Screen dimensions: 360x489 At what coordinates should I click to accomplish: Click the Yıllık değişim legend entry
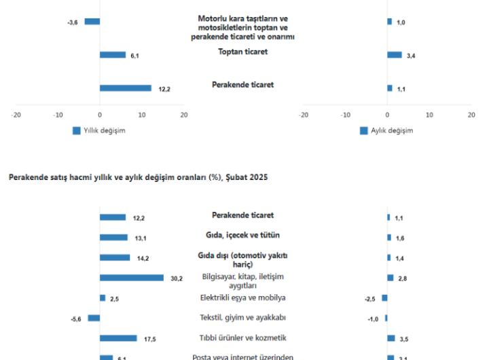coord(98,130)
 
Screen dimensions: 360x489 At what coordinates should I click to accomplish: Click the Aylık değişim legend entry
coord(386,130)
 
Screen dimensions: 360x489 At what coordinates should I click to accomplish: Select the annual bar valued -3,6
coord(92,22)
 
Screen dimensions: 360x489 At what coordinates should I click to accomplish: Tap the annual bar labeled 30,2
coord(132,278)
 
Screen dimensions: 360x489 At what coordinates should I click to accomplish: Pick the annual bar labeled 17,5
coord(118,338)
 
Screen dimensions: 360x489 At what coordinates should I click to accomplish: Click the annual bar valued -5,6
coord(94,318)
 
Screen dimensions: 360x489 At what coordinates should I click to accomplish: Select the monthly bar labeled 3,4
coord(395,55)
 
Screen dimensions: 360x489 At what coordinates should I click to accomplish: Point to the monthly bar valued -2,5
coord(384,298)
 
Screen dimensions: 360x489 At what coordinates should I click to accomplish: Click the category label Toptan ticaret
coord(242,52)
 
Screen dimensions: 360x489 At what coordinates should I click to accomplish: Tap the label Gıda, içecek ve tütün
coord(242,235)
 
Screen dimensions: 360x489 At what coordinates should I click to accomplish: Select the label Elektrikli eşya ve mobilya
coord(242,298)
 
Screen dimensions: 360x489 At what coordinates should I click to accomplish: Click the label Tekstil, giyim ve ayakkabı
coord(242,318)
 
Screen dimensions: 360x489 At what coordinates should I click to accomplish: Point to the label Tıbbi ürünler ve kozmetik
coord(242,338)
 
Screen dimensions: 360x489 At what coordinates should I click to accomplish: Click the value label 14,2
coord(143,258)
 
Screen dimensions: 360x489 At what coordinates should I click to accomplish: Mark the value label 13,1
coord(141,238)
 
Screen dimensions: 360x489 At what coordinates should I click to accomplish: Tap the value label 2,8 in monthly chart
coord(403,278)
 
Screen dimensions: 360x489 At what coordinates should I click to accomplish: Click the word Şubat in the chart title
coord(238,177)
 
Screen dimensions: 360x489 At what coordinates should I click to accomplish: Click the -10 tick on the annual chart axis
coord(58,115)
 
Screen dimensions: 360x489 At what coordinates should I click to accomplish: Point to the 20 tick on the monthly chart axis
coord(471,115)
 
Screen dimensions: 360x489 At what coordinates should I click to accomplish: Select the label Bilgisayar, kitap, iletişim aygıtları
coord(242,281)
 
